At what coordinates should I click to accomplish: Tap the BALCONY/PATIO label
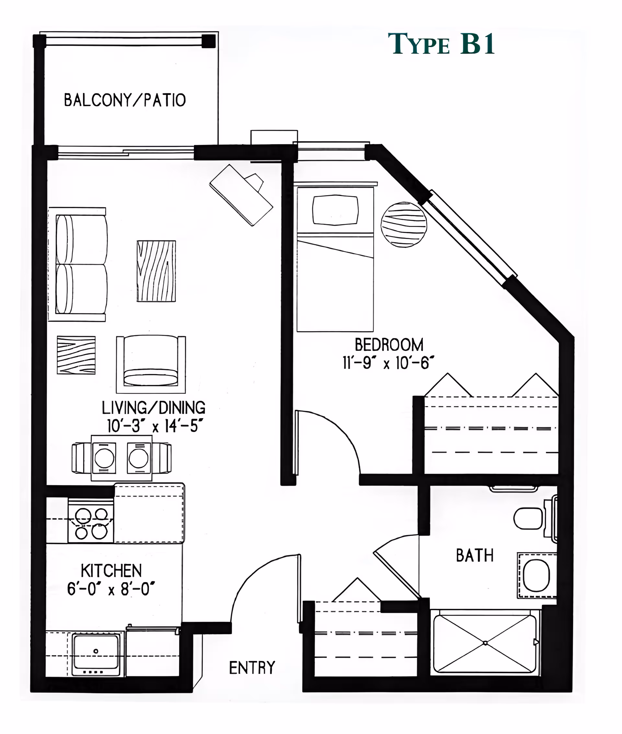tap(125, 100)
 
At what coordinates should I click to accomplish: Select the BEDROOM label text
tap(389, 345)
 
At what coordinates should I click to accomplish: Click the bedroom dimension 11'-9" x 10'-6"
tap(388, 363)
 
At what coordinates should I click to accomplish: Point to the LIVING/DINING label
tap(153, 408)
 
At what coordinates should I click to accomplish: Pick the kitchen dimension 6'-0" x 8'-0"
tap(111, 589)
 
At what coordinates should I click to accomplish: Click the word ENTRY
tap(252, 668)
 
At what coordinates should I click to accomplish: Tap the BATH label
tap(475, 556)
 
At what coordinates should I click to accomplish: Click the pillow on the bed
tap(335, 210)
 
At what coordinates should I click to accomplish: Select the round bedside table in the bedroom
tap(404, 224)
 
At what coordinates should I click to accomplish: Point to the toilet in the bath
tap(529, 518)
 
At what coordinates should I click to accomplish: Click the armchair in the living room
tap(151, 364)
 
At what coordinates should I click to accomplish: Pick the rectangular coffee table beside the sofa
tap(156, 271)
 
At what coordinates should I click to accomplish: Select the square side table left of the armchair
tap(76, 355)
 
